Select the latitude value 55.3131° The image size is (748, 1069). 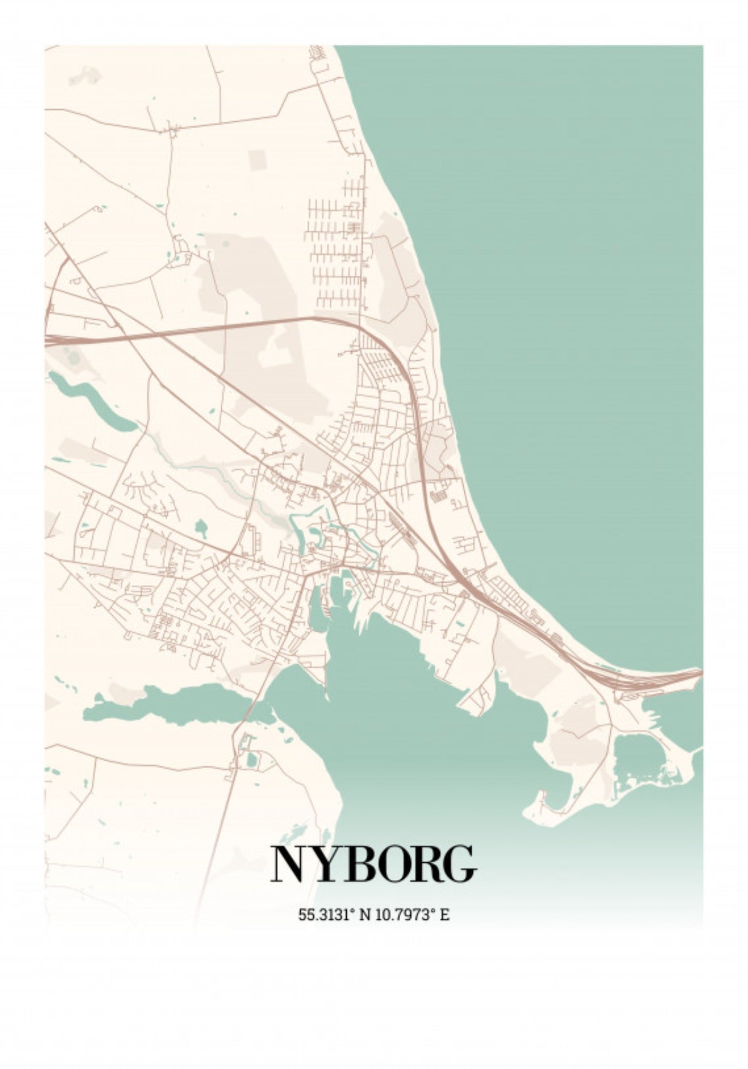(326, 915)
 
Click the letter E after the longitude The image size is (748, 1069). (445, 915)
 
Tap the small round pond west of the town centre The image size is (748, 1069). (201, 528)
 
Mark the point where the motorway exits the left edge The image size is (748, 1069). (47, 340)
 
